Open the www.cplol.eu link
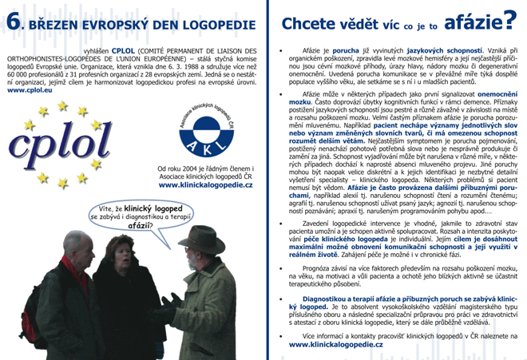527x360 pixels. coord(27,91)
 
